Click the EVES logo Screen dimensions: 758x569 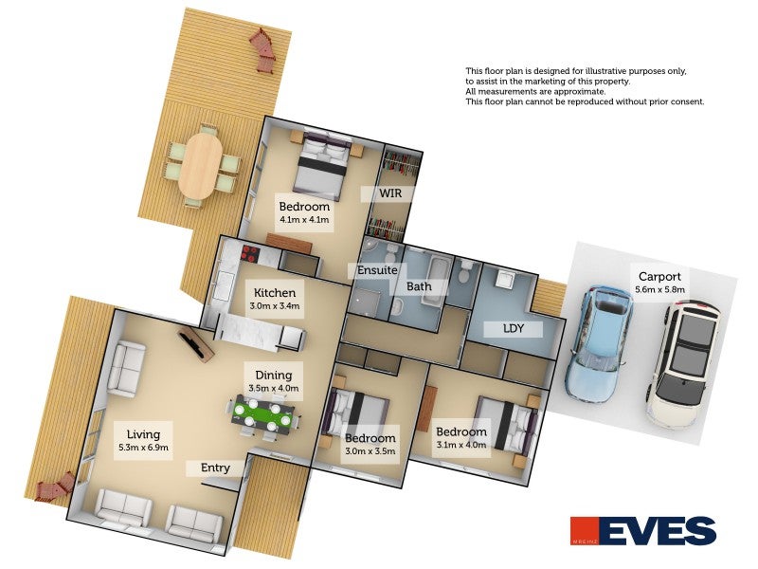coord(643,531)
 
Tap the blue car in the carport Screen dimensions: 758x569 coord(600,344)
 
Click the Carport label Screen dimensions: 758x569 coord(659,277)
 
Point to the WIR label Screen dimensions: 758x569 coord(390,193)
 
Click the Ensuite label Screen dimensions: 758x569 coord(377,270)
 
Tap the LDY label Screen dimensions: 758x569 coord(514,328)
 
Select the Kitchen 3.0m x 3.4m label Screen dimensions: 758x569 coord(275,299)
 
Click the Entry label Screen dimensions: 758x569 coord(215,468)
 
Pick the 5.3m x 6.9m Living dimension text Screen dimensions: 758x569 coord(144,448)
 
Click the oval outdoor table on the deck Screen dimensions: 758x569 coord(200,165)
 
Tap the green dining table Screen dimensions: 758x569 coord(263,414)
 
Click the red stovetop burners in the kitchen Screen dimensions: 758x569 coord(250,252)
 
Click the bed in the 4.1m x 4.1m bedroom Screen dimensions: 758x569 coord(321,163)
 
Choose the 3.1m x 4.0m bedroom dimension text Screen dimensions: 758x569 coord(461,444)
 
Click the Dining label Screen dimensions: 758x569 coord(274,375)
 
